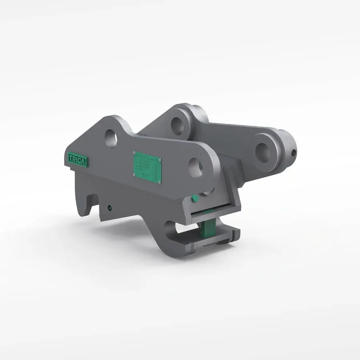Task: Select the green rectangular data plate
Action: point(147,168)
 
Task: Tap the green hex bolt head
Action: point(196,199)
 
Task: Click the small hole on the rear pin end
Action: point(294,152)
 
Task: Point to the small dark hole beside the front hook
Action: point(110,208)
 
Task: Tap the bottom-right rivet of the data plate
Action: point(159,182)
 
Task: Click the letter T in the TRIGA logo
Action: point(70,157)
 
